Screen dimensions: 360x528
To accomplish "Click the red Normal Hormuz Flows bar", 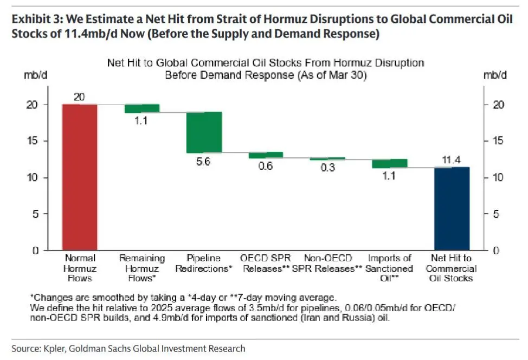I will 80,177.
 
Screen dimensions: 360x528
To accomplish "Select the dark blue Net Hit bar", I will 452,209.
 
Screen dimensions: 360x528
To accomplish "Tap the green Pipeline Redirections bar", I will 204,132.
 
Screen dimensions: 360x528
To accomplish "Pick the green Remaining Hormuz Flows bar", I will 142,108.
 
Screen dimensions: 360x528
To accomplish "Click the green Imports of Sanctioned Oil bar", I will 389,163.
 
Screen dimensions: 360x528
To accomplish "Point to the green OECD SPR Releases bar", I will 266,155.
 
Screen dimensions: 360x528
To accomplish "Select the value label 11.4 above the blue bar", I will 452,160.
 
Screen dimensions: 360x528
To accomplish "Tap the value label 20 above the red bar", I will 80,97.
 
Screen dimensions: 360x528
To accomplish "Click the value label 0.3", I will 327,168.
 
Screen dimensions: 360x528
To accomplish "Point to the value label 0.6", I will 266,166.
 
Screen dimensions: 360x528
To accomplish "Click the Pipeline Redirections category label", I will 204,263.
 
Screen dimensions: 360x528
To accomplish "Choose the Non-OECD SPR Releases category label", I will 327,263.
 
